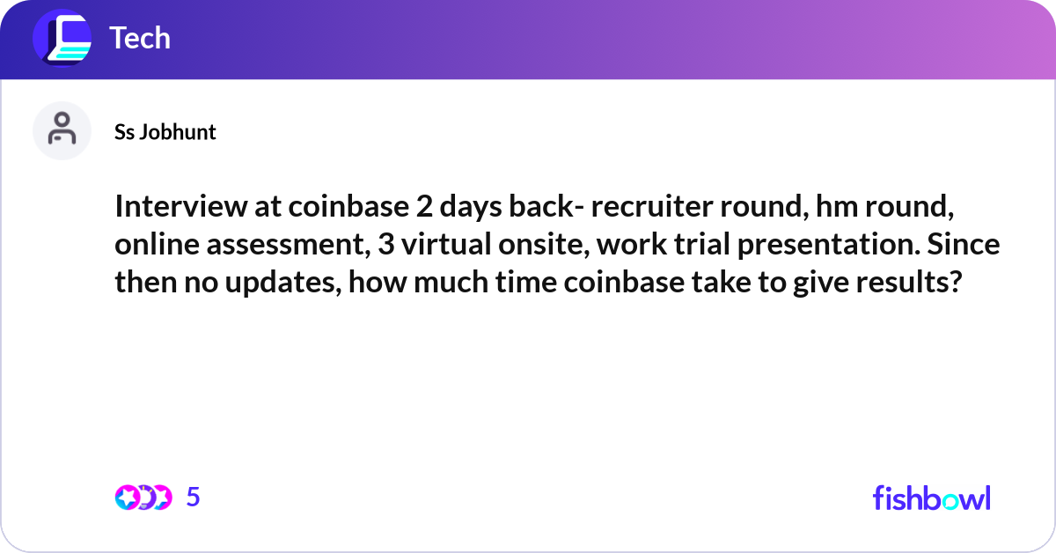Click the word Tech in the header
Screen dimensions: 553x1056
[139, 38]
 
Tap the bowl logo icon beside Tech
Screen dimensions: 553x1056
[62, 39]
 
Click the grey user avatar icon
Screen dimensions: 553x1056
[62, 130]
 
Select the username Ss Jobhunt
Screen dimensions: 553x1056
[165, 132]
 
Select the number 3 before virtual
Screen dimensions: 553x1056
[385, 245]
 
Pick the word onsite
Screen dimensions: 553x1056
[540, 245]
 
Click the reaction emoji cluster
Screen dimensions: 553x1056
[143, 498]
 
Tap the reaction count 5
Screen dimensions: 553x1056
[194, 498]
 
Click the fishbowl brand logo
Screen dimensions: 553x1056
[931, 498]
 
